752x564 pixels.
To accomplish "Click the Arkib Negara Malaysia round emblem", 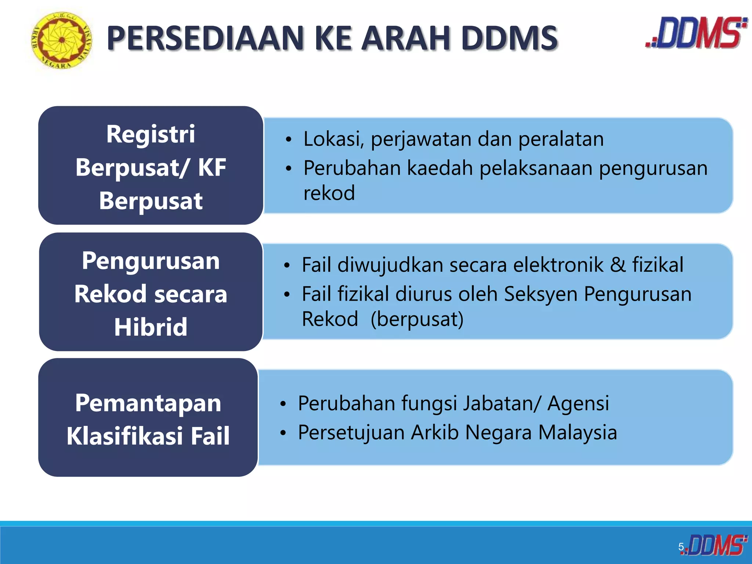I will point(62,40).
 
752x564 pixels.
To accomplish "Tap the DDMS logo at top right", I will point(697,33).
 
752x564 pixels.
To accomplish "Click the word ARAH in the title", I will point(405,38).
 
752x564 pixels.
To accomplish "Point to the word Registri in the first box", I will point(151,134).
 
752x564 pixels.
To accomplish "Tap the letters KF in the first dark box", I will point(212,167).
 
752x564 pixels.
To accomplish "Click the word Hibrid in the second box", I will point(151,327).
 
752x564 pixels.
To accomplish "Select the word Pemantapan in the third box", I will point(148,403).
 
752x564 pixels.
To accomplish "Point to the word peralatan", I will point(561,139).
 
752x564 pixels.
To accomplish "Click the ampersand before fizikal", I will point(618,265).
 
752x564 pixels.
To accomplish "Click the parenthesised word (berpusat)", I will point(417,319).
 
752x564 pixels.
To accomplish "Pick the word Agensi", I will point(578,403).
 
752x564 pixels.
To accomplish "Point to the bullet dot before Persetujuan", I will point(283,433).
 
